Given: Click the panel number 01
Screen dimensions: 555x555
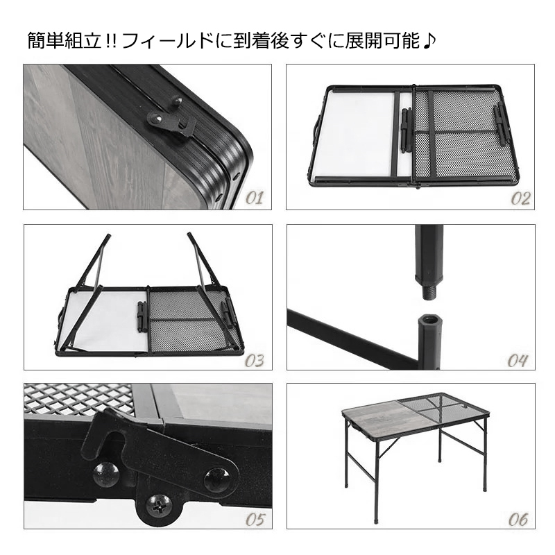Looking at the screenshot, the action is (x=255, y=198).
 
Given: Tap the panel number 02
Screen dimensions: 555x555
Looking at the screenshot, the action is (x=520, y=198).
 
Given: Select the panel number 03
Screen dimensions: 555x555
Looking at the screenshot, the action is (x=255, y=360).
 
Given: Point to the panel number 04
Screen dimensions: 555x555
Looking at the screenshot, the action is (x=518, y=360).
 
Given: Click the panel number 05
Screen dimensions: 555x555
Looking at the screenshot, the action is (x=255, y=520).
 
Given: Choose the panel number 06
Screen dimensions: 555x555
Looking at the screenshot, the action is (x=518, y=520).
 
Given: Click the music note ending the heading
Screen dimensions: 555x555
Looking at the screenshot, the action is (x=429, y=42).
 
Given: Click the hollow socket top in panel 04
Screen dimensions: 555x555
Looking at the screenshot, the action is (x=429, y=321).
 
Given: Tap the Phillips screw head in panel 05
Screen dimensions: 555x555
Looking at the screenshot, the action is (x=160, y=509).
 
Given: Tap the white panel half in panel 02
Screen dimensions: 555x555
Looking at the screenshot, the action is (x=361, y=134).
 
